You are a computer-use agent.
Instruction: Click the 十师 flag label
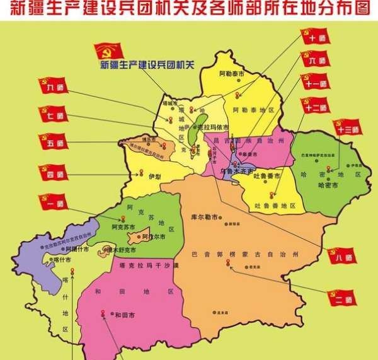pyautogui.click(x=316, y=38)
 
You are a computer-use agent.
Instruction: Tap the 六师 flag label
pyautogui.click(x=316, y=61)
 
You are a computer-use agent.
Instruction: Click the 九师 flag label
pyautogui.click(x=55, y=88)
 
